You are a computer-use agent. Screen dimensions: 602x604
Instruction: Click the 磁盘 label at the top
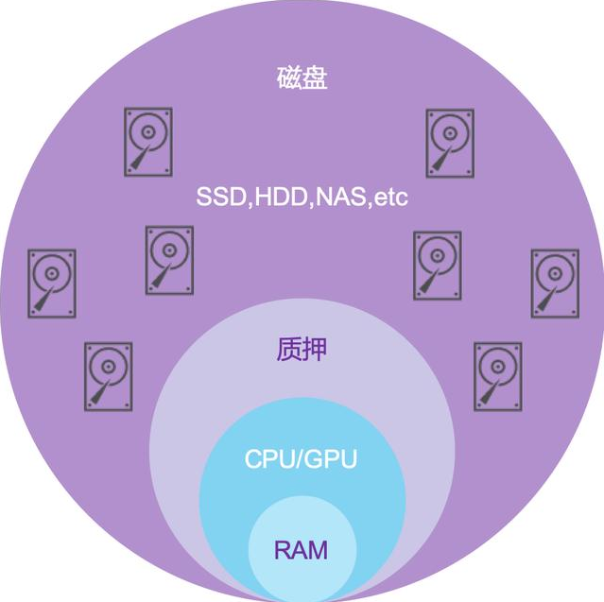tap(302, 77)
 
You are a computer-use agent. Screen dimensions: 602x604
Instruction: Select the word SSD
tap(218, 198)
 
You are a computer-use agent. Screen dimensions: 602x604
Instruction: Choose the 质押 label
tap(302, 350)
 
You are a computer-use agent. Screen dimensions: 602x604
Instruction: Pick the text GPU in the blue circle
tap(335, 459)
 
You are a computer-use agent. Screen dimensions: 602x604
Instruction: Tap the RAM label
tap(302, 550)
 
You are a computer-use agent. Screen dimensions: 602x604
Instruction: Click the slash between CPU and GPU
tap(302, 459)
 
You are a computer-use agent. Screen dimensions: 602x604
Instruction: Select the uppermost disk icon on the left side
tap(147, 141)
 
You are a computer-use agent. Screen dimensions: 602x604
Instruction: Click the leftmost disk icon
tap(51, 283)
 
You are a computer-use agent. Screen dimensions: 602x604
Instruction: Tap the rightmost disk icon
tap(555, 283)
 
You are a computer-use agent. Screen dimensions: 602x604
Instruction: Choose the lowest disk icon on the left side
tap(108, 376)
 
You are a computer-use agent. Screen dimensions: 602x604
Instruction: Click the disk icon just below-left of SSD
tap(169, 260)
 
